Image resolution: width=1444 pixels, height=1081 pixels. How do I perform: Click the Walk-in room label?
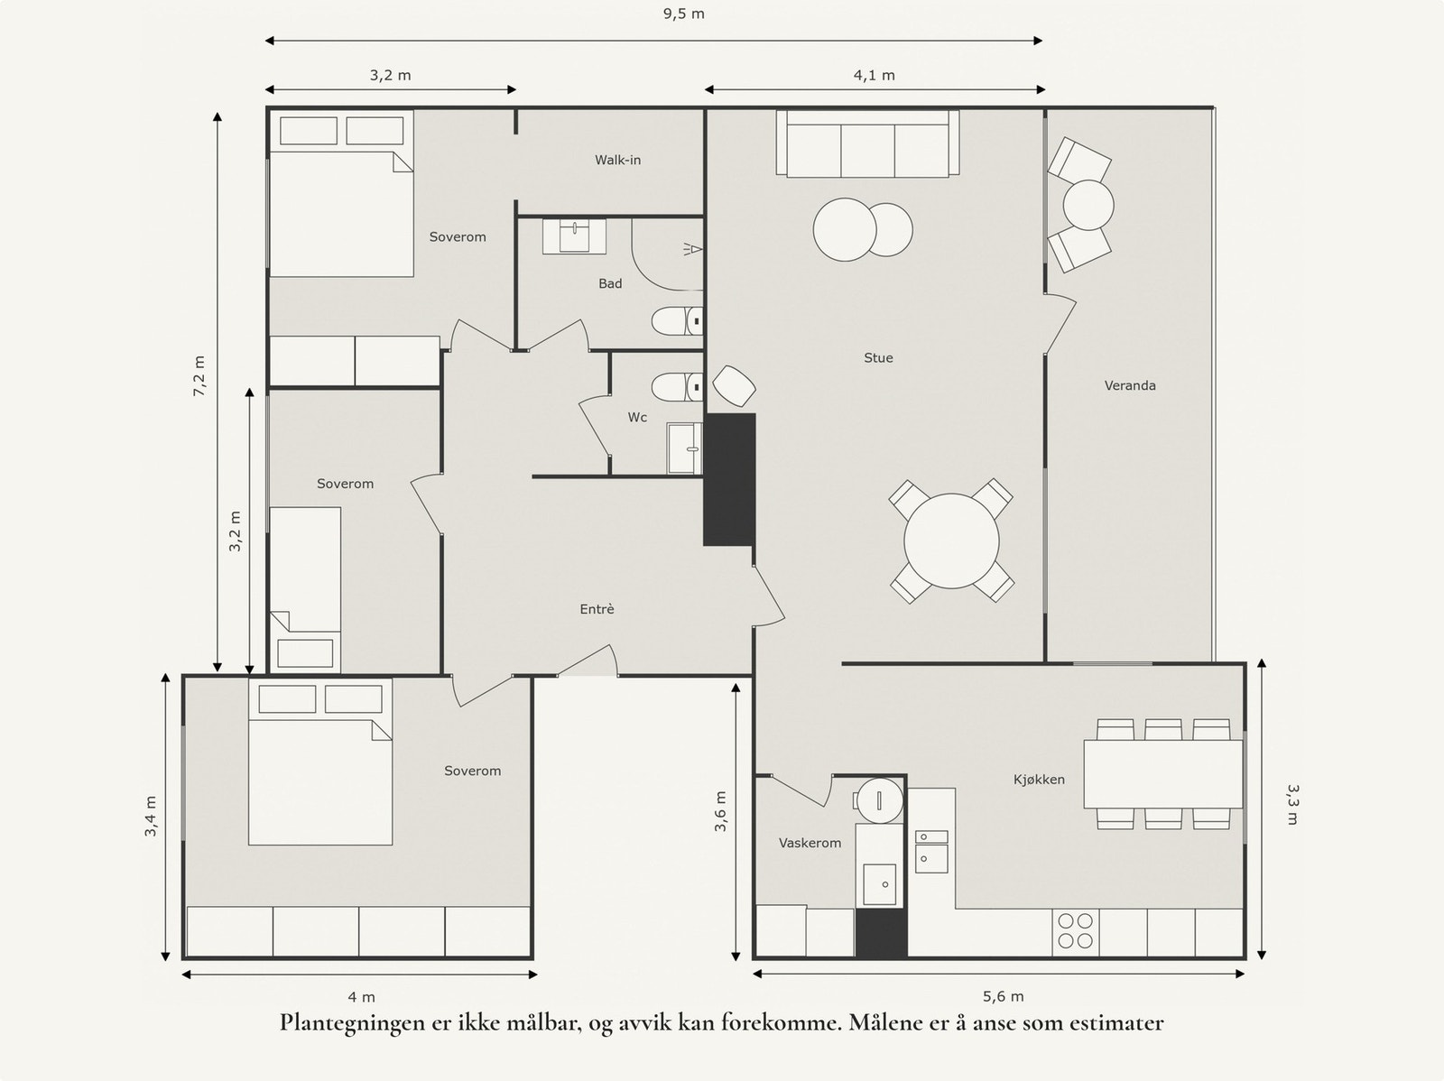coord(617,160)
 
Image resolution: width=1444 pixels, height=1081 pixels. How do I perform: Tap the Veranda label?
coord(1130,385)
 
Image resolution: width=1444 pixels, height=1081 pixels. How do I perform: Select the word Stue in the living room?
coord(878,357)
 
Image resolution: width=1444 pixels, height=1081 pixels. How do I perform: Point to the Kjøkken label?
coord(1039,780)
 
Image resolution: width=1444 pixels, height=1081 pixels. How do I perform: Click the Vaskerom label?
coord(810,843)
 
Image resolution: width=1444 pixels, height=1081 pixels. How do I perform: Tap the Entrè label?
coord(597,610)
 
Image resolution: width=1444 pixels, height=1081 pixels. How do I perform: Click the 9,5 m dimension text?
coord(683,14)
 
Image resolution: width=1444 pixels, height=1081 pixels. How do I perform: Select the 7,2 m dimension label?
coord(199,376)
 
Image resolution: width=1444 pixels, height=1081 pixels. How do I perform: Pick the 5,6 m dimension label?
coord(1004,996)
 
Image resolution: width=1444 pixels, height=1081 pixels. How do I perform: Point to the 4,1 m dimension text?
coord(875,76)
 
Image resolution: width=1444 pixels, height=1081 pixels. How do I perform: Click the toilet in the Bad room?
coord(677,321)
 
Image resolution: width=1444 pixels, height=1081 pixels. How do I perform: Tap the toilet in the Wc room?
coord(677,386)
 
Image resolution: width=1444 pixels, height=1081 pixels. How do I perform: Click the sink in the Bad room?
coord(574,236)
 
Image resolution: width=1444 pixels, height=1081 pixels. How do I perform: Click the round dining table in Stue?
coord(951,541)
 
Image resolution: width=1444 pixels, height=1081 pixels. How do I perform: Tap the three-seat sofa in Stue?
coord(867,143)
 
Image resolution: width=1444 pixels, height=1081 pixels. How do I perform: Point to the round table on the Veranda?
coord(1088,205)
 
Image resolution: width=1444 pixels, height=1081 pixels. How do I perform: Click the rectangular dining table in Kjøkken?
coord(1163,774)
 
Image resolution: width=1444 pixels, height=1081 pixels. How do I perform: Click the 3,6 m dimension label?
coord(721,811)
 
